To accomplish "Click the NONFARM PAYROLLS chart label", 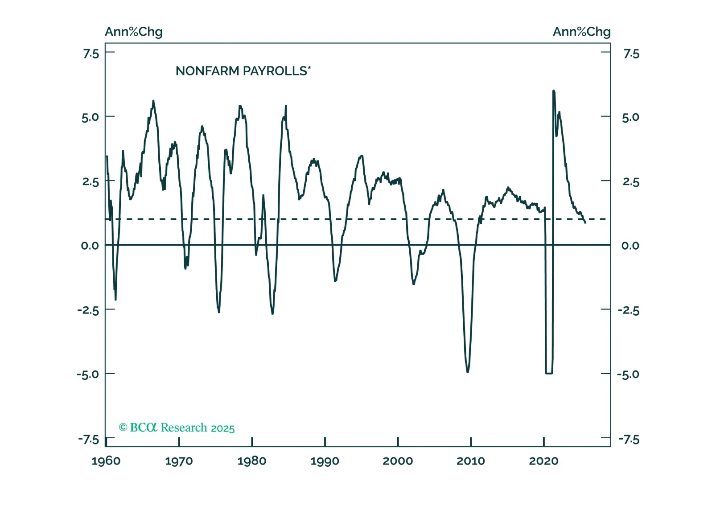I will [x=243, y=71].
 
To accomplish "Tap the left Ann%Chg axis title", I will [x=134, y=32].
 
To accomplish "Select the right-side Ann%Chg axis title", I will [x=581, y=32].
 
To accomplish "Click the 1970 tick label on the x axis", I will [x=179, y=461].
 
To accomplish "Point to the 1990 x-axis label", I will [x=325, y=461].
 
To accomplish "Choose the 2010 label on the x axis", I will [x=470, y=461].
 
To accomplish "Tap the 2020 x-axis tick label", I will [x=543, y=461].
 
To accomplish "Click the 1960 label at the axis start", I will [x=106, y=461].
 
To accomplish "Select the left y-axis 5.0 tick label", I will [x=90, y=117].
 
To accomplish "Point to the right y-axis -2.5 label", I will [x=629, y=310].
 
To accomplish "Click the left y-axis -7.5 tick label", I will [x=89, y=440].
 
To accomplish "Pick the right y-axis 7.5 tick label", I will [x=631, y=54].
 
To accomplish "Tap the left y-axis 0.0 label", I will [x=90, y=246].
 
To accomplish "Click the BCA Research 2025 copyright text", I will [x=177, y=428].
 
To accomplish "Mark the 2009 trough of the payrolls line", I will [x=468, y=371].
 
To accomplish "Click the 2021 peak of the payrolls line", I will [x=553, y=91].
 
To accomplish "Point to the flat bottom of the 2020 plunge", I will [x=549, y=373].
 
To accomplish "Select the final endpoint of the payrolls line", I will [x=585, y=222].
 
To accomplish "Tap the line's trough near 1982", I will [x=272, y=313].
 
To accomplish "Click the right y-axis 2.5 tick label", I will [x=631, y=182].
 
